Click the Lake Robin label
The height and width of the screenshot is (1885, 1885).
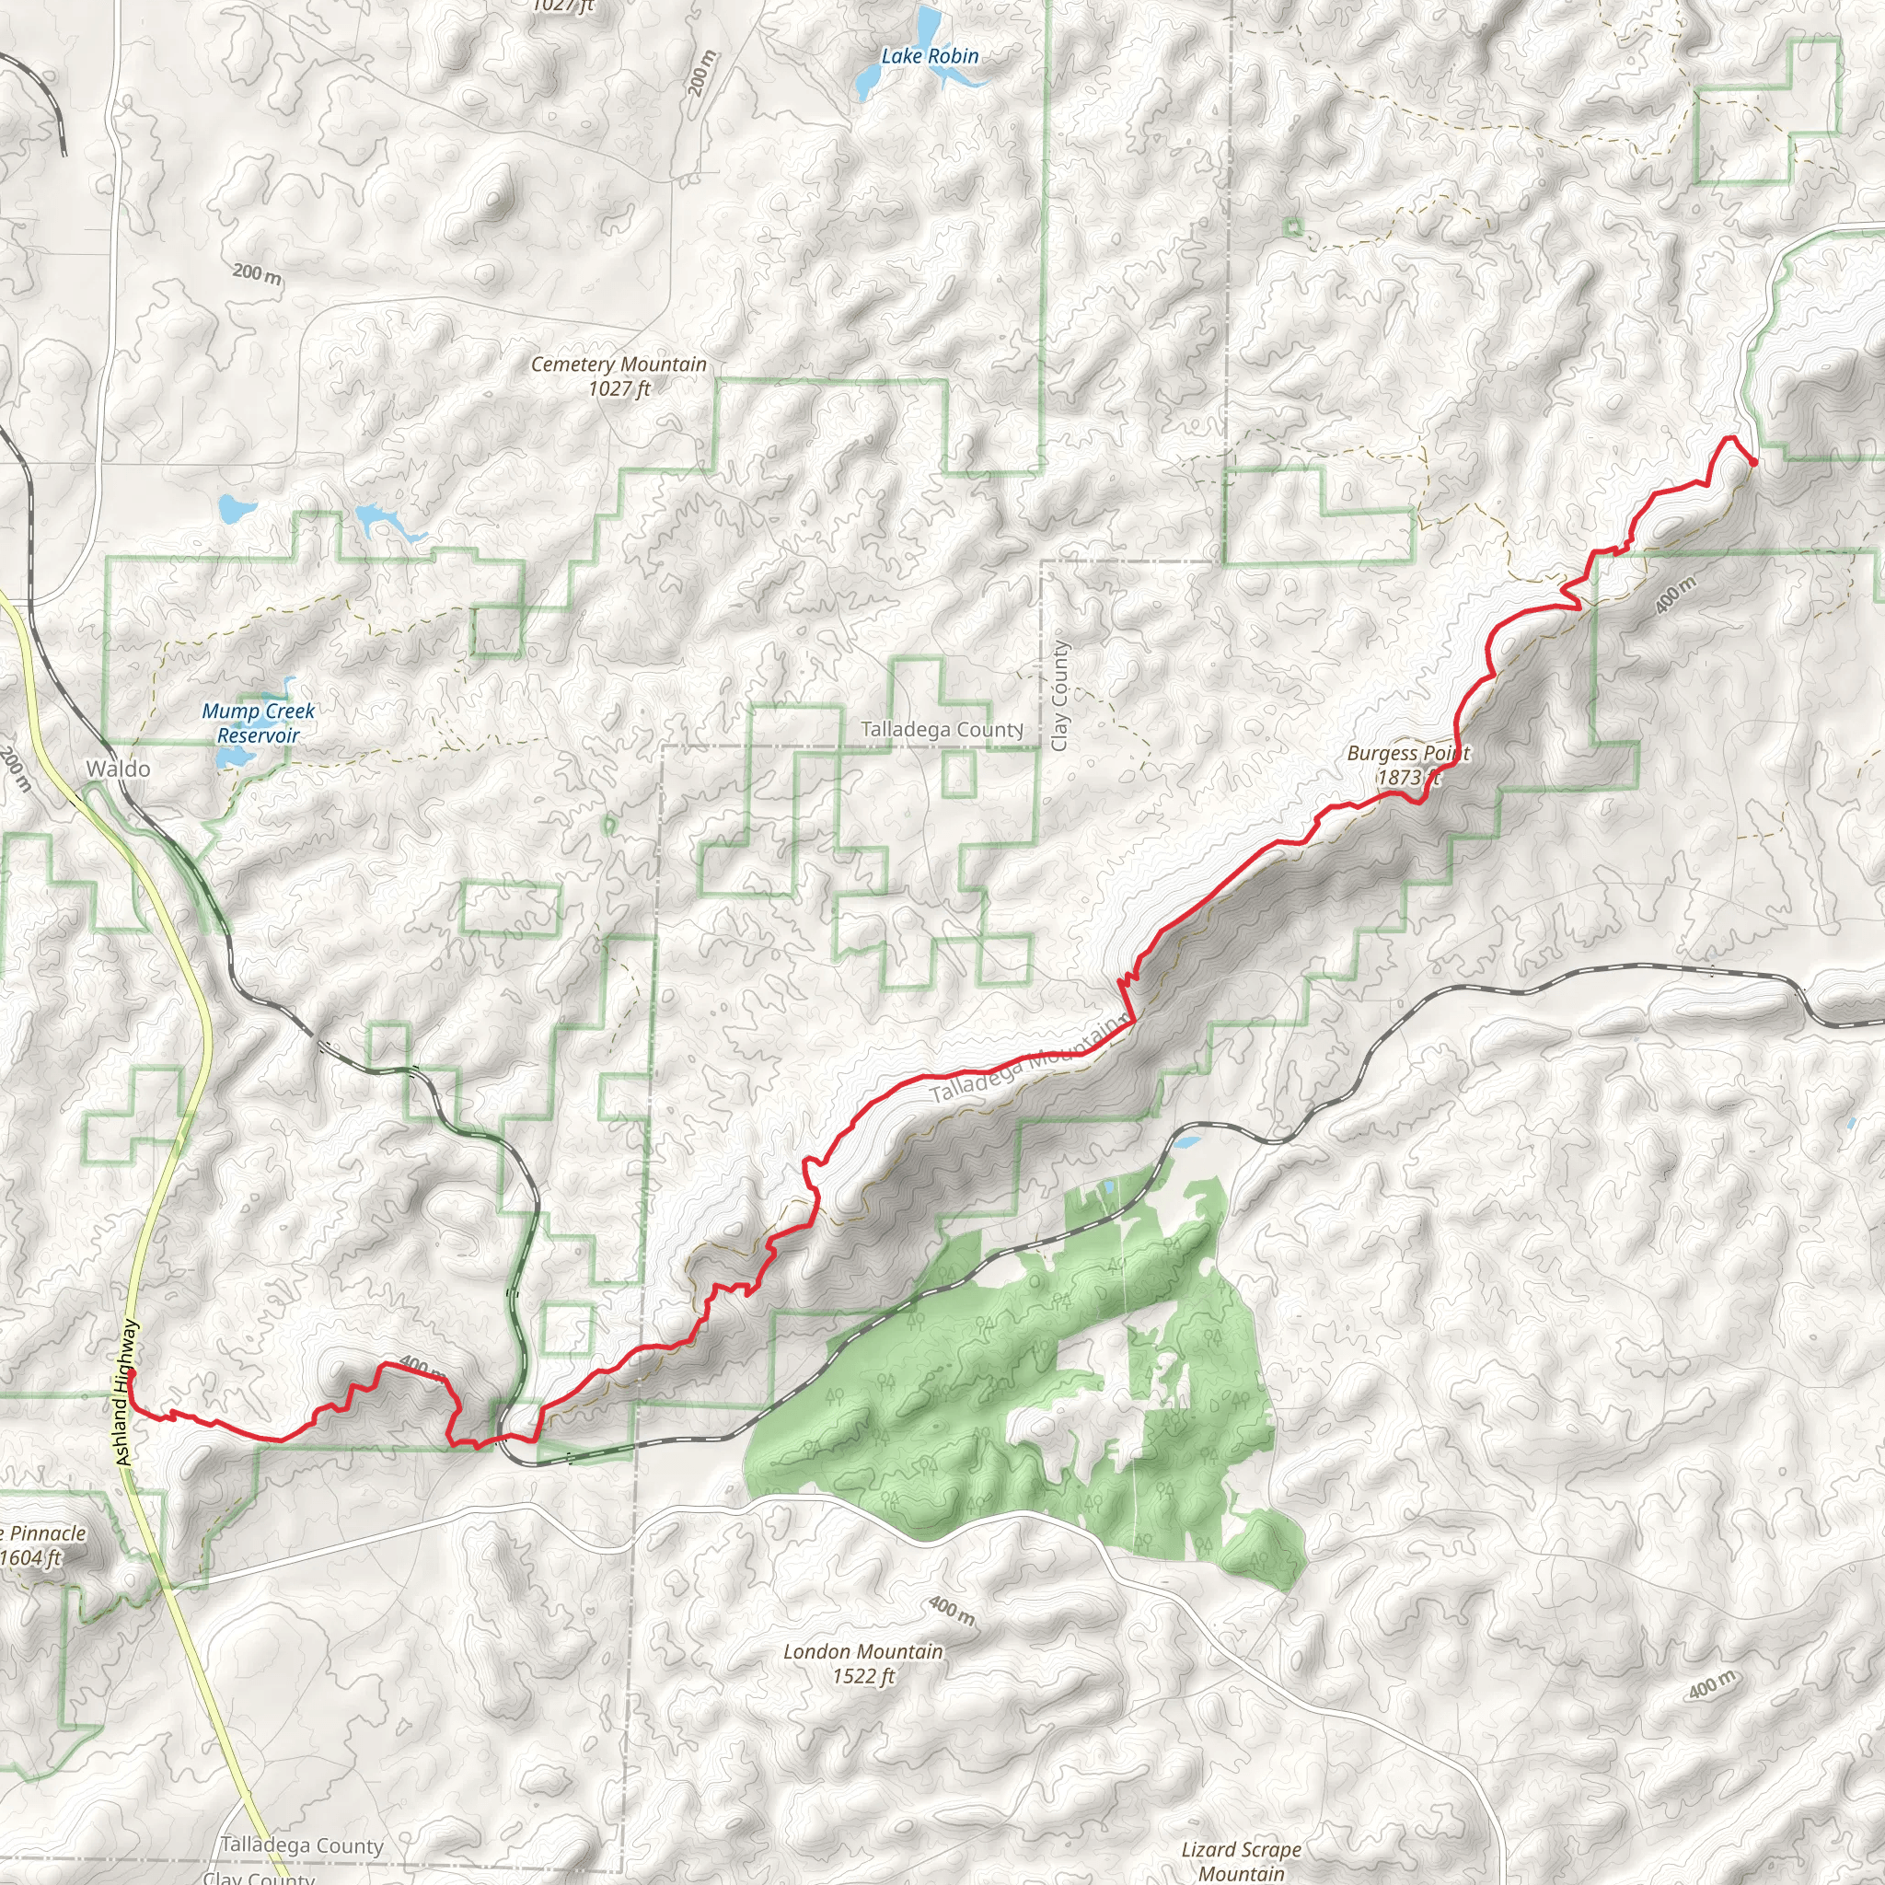click(x=929, y=56)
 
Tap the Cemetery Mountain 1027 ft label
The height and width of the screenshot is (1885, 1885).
click(x=619, y=376)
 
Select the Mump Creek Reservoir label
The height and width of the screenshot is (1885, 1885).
click(x=258, y=723)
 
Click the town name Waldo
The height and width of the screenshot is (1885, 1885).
click(x=118, y=769)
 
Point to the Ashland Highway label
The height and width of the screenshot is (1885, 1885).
click(x=127, y=1393)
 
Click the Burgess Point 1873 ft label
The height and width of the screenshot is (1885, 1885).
click(x=1407, y=765)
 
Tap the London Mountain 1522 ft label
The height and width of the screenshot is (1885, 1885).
click(x=862, y=1663)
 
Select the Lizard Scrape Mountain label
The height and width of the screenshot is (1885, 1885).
click(x=1240, y=1860)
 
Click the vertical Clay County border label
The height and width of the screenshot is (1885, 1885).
click(x=1060, y=696)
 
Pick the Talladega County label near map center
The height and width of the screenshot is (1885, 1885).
click(x=941, y=730)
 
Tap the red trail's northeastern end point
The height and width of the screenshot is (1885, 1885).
click(x=1753, y=461)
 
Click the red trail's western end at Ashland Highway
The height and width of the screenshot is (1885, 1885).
click(x=129, y=1372)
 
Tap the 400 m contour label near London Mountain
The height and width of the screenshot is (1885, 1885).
click(x=950, y=1611)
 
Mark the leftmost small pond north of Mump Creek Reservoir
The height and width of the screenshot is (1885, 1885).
click(x=237, y=507)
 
